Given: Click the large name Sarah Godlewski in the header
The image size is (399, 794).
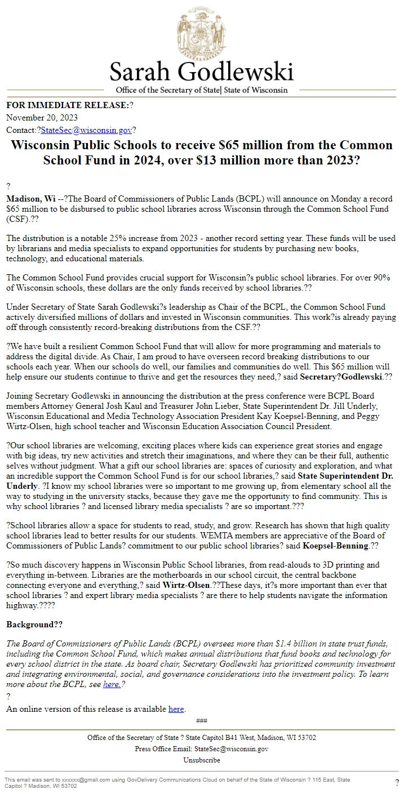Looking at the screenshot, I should click(x=201, y=73).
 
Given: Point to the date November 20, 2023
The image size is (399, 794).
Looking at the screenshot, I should click(x=42, y=118).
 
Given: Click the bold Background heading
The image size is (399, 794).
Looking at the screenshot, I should click(x=34, y=625).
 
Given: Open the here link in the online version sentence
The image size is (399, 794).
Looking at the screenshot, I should click(x=176, y=709).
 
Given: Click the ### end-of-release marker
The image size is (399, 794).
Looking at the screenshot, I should click(x=201, y=721).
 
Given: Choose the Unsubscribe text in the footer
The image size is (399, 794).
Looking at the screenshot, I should click(x=201, y=760).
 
